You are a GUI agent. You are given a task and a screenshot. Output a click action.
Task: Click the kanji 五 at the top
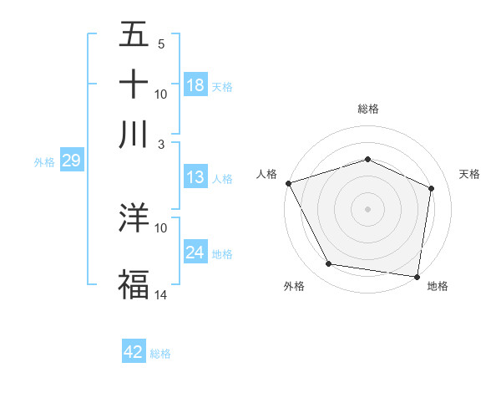point(134,36)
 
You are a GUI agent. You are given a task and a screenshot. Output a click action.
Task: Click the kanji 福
point(134,283)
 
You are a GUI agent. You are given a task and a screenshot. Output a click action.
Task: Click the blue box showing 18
point(195,85)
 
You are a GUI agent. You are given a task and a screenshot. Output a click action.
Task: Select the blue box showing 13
point(195,177)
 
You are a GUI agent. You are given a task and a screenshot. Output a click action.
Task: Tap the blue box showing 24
point(195,253)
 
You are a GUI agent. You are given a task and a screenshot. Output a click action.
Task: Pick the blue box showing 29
point(71,161)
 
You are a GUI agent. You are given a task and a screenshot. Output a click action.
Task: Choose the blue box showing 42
point(134,352)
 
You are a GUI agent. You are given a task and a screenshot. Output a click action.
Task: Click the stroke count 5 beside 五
point(160,44)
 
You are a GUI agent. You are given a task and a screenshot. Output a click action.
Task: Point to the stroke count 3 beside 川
point(159,144)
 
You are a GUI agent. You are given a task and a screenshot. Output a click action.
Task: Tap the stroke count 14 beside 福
point(160,295)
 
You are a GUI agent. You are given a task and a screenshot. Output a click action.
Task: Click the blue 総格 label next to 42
point(160,354)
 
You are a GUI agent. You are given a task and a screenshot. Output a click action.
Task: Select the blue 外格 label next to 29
point(44,162)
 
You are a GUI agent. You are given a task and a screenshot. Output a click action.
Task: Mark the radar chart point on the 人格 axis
point(288,183)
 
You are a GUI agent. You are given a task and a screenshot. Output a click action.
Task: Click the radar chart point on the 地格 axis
point(417,276)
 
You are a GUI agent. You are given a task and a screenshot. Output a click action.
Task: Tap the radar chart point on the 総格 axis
point(367,159)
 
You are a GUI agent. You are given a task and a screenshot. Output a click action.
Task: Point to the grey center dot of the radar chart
point(367,208)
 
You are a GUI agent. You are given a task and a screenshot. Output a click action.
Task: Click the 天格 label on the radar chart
point(469,174)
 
